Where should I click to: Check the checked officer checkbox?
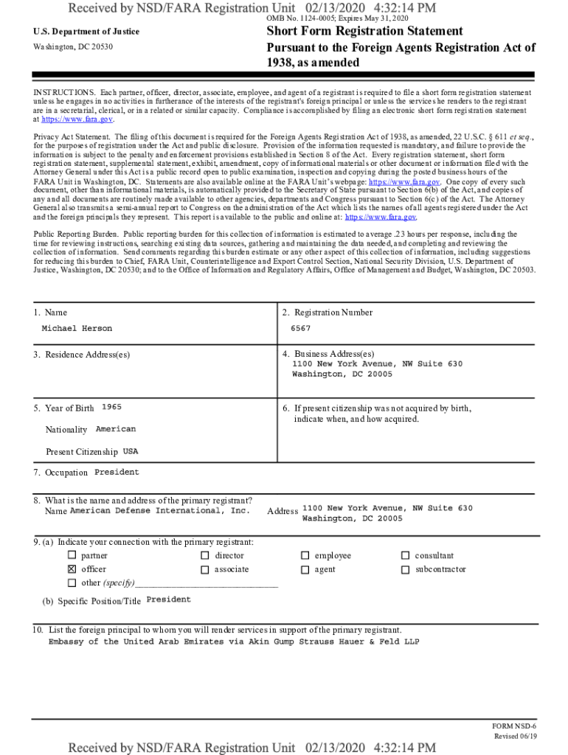72,569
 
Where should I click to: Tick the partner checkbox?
72,555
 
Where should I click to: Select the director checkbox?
204,555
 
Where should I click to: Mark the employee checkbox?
305,555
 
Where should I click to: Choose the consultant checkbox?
405,555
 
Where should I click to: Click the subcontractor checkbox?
405,569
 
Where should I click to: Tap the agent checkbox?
305,569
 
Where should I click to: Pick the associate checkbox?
204,569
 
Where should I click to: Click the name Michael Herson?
77,328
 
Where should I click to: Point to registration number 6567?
300,328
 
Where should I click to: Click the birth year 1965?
111,407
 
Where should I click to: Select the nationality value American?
116,429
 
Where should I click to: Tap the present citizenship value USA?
131,450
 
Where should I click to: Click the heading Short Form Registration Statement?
364,31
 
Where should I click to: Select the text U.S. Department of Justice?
86,32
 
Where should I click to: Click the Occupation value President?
117,472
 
